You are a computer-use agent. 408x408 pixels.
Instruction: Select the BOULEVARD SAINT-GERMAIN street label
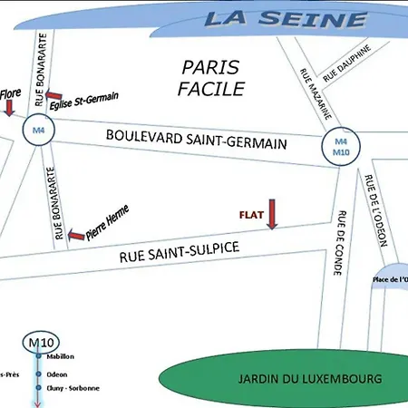[x=196, y=139]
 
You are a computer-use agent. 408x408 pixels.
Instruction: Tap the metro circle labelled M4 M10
[x=341, y=146]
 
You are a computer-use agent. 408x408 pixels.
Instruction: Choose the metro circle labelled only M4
[x=38, y=131]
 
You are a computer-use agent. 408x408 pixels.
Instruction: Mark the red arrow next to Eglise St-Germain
[x=53, y=96]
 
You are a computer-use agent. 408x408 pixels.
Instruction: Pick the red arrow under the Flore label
[x=9, y=108]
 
